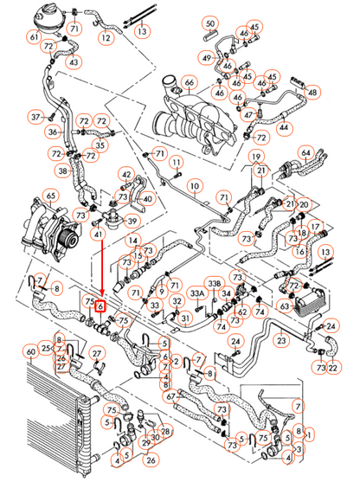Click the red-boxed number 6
coord(100,306)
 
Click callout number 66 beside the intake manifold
coord(188,83)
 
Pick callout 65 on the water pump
coord(51,196)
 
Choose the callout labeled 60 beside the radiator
coord(32,351)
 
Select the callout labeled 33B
coord(215,284)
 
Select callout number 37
coord(35,116)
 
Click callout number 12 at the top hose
coord(106,39)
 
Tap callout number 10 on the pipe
coord(195,186)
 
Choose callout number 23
coord(280,341)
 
